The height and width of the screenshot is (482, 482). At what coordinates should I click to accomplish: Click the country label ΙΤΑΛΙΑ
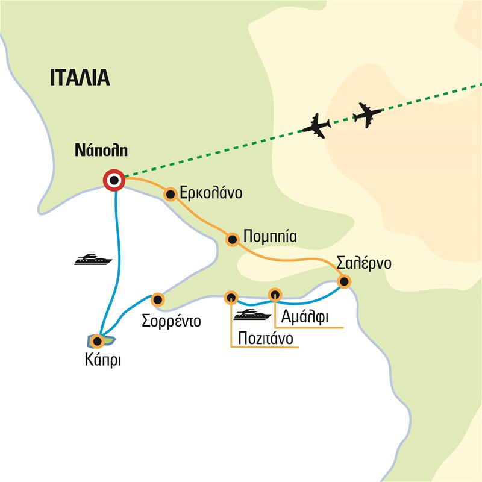click(x=79, y=78)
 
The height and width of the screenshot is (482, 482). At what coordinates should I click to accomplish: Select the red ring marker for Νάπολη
click(x=113, y=180)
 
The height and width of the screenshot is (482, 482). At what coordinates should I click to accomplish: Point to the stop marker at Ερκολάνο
click(x=171, y=194)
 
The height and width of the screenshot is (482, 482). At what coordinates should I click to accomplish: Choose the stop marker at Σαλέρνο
click(x=343, y=281)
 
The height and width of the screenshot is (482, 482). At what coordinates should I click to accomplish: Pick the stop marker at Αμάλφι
click(x=275, y=294)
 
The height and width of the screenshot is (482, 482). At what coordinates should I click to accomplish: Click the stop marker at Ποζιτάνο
click(x=231, y=297)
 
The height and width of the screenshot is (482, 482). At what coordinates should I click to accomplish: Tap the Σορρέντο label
click(x=171, y=319)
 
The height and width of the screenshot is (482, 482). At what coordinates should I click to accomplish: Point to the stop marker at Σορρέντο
click(x=157, y=299)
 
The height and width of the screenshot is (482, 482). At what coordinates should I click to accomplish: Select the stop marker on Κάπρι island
click(x=96, y=342)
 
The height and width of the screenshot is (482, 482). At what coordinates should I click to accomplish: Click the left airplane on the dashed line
click(x=316, y=125)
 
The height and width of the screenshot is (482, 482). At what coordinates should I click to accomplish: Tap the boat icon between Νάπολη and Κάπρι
click(x=93, y=260)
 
